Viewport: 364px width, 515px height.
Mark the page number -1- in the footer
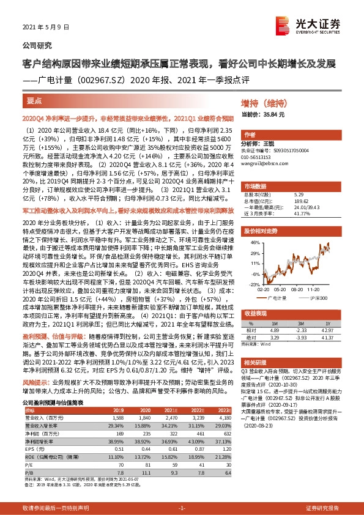coord(181,508)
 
